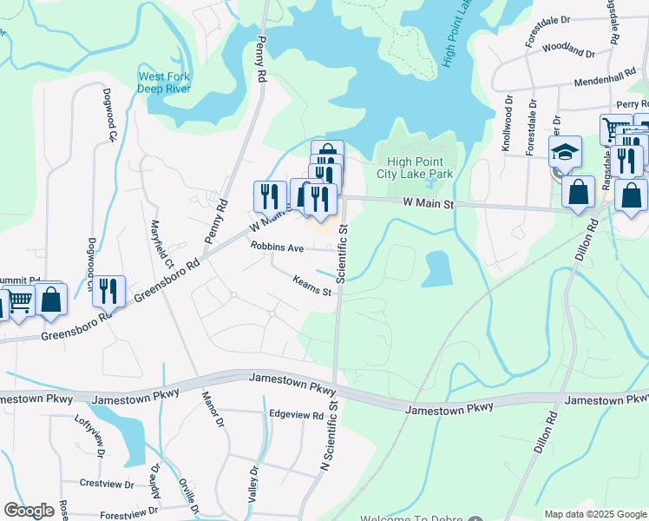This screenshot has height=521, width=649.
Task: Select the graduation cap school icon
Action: pos(565,152)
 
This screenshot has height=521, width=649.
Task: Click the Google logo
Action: pos(29,511)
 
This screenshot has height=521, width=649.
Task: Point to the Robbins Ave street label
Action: pos(277,247)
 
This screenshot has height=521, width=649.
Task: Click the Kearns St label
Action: pos(312,286)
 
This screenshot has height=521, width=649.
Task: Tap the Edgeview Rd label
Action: pos(296,415)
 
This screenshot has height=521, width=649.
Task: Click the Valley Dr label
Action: pos(253,482)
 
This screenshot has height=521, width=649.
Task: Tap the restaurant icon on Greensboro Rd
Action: pos(109,292)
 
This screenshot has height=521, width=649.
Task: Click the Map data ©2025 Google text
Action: pos(594,514)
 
